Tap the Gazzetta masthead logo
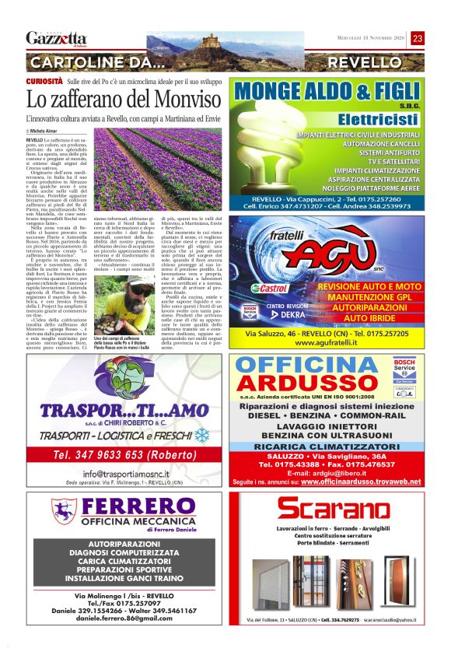[x=56, y=38]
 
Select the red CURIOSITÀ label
[x=44, y=81]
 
